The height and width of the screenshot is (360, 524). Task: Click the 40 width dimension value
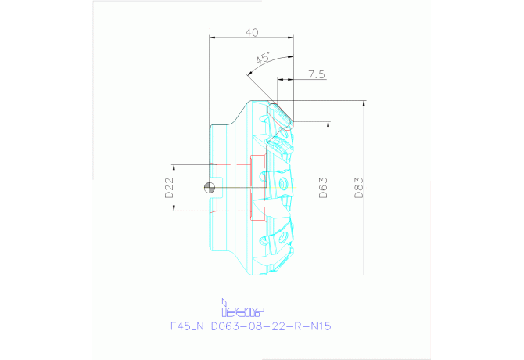point(252,32)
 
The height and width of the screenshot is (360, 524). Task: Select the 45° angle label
point(263,59)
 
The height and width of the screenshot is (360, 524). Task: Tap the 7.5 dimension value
point(316,74)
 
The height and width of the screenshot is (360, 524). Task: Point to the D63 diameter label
point(324,187)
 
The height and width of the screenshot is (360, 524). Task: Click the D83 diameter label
point(360,187)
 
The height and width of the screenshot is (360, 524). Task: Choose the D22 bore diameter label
point(169,188)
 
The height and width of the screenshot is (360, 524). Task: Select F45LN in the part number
point(188,326)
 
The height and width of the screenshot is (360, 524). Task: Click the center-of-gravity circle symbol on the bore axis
point(209,187)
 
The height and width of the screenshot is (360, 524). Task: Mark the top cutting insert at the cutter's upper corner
point(279,114)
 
